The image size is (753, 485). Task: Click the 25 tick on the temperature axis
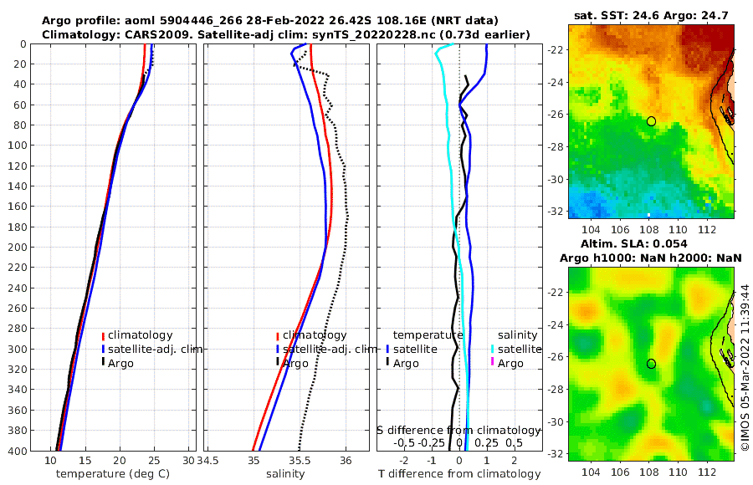point(153,460)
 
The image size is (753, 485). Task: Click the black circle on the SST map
point(651,121)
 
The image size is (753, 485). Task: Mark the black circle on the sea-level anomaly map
point(651,364)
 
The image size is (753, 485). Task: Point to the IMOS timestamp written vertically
point(745,368)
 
